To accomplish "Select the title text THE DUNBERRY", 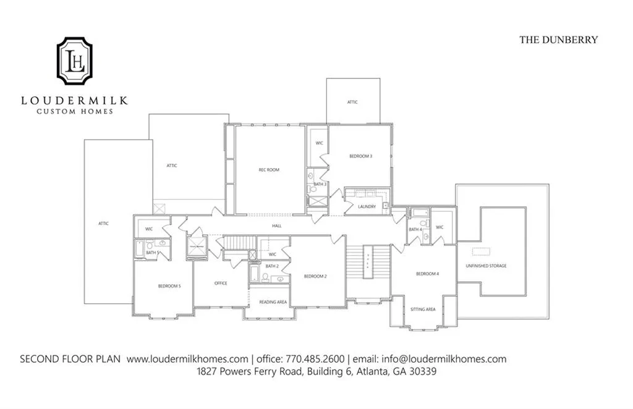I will point(558,40).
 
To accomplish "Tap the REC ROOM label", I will point(269,170).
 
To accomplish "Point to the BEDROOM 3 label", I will point(360,156).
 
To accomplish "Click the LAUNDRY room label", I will point(367,206).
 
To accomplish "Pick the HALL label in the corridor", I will point(277,226).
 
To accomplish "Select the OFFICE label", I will point(221,284).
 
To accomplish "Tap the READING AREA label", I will point(273,302).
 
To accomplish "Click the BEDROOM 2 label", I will point(315,276).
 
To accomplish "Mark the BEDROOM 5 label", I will point(169,286).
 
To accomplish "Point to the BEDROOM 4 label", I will point(427,274).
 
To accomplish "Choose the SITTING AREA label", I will point(423,309).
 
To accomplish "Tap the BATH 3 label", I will point(320,184).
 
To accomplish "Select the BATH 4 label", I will point(415,230).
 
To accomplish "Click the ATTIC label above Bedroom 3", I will point(352,102).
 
